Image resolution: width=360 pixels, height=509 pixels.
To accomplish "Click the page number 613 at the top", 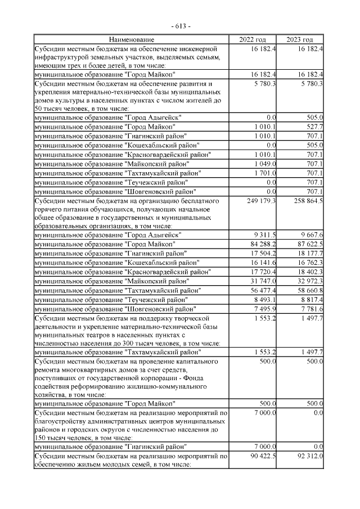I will [x=180, y=26].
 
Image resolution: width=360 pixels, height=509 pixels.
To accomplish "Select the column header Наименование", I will [x=131, y=39].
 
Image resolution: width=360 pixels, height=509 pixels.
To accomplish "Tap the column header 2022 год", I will [x=253, y=39].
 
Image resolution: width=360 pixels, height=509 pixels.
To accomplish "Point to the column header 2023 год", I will [x=300, y=39].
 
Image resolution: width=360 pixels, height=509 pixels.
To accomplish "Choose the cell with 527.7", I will [x=314, y=127].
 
